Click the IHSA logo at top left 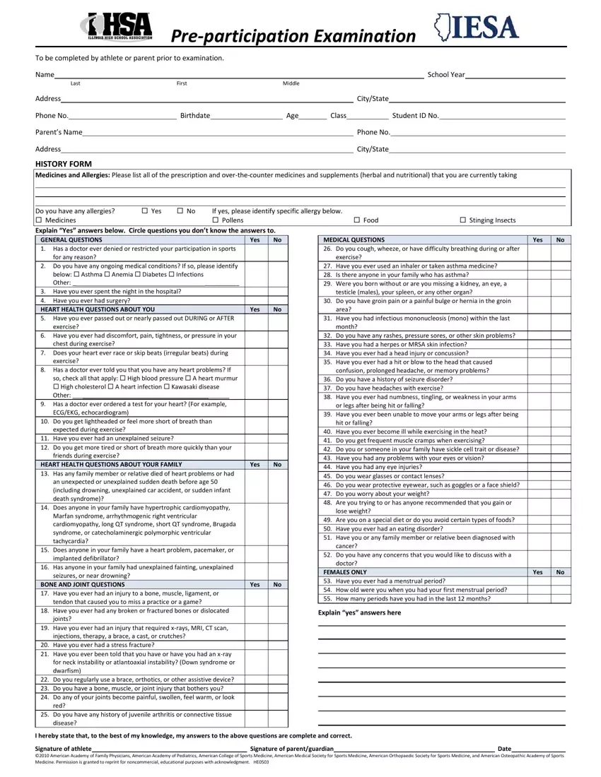(x=116, y=28)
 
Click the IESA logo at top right (x=477, y=28)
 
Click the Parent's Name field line (x=217, y=134)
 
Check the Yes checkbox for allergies (x=145, y=210)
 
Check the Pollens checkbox (x=215, y=220)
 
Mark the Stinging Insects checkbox (x=462, y=220)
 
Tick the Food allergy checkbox (x=356, y=220)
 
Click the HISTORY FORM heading (x=64, y=164)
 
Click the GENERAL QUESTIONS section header (x=71, y=239)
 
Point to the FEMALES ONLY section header (x=344, y=572)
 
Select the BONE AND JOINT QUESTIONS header (x=83, y=584)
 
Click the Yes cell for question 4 (x=255, y=300)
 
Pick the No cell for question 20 (x=278, y=645)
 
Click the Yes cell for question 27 (x=537, y=266)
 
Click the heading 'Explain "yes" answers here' (x=359, y=612)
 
